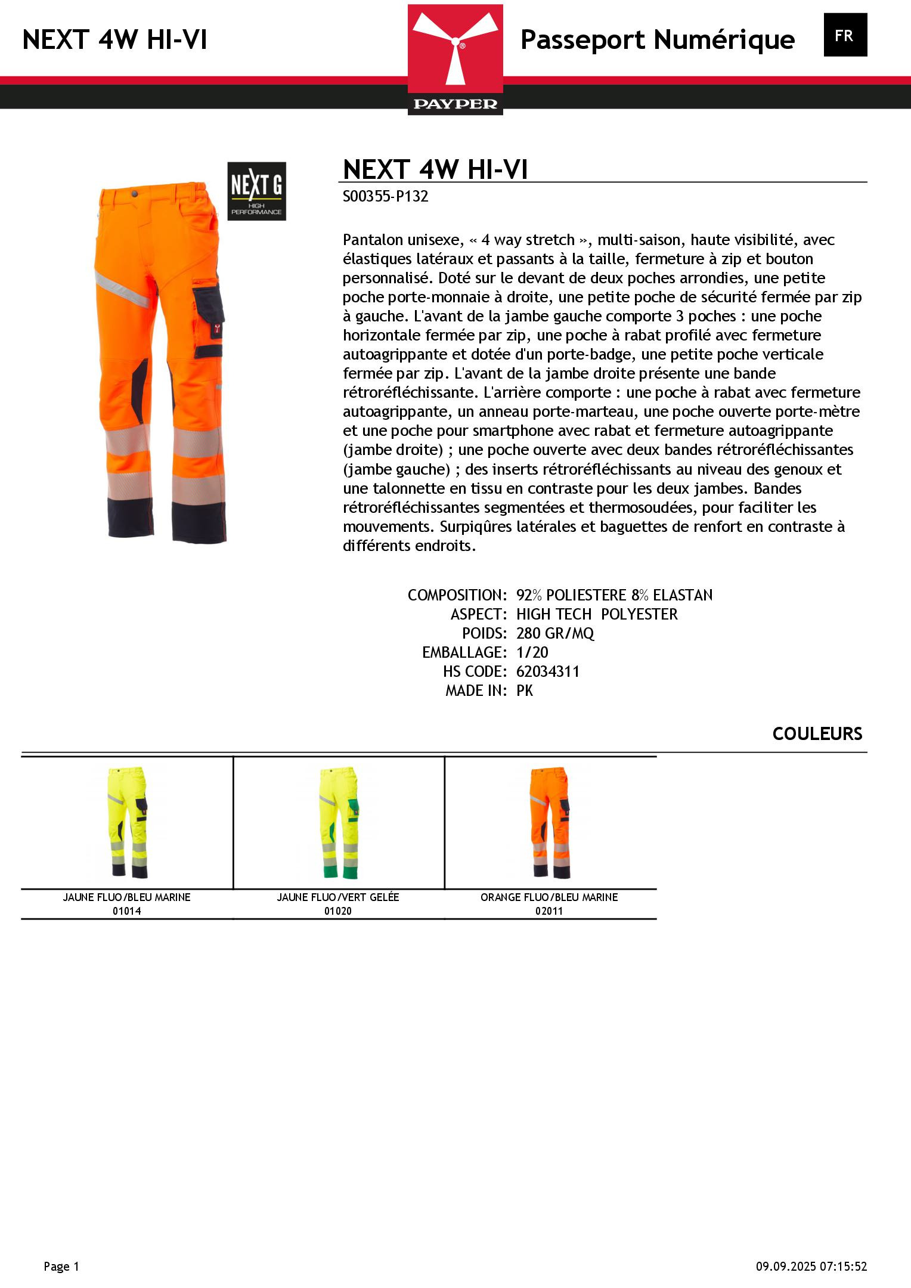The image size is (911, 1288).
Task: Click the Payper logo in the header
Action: click(x=456, y=60)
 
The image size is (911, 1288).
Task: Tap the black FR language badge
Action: click(x=845, y=35)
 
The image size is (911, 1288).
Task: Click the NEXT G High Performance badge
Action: click(x=256, y=191)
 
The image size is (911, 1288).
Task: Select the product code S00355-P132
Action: click(x=385, y=197)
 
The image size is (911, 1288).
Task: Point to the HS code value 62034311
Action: click(x=547, y=671)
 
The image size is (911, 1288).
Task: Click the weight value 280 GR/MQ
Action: click(x=555, y=633)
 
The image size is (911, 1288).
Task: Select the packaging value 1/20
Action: click(x=532, y=652)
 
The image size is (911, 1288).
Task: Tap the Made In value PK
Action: click(x=525, y=691)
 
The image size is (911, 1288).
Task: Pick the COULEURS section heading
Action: click(x=817, y=733)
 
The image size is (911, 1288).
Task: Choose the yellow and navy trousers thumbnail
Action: click(x=128, y=822)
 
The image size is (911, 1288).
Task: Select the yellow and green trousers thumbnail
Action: click(x=339, y=822)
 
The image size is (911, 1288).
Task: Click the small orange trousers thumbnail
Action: click(x=549, y=822)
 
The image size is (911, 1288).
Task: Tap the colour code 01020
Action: click(x=338, y=911)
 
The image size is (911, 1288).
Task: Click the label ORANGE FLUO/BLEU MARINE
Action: click(x=549, y=897)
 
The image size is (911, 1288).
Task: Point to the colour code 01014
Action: click(x=127, y=911)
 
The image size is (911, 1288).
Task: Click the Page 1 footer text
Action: click(x=61, y=1267)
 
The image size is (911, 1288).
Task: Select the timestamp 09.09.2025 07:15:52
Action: click(x=811, y=1267)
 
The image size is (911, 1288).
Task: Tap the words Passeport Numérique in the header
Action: click(x=658, y=40)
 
